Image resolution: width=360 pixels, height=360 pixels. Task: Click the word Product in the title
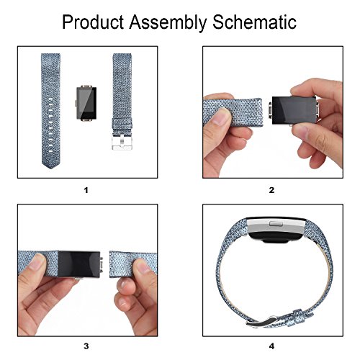pos(93,22)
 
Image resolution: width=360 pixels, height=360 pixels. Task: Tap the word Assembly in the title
pos(168,22)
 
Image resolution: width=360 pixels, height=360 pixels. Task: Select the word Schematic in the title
pos(254,22)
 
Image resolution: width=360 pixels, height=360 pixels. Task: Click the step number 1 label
pos(86,190)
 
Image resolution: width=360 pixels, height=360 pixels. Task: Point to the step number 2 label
pos(271,190)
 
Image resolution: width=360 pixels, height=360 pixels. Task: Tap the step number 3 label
pos(86,346)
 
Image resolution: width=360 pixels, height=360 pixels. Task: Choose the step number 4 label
pos(271,346)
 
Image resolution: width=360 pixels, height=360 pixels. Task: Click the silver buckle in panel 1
pos(122,142)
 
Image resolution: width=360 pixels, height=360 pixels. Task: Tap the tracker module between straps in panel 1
pos(86,103)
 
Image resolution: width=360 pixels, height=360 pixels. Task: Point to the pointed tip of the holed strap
pos(50,168)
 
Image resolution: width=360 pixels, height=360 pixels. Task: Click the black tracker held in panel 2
pos(294,111)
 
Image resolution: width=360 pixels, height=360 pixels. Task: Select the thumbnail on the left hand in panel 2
pos(221,117)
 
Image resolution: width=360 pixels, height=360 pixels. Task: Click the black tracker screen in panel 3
pos(79,264)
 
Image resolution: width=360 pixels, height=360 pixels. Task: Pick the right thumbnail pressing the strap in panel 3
pos(143,266)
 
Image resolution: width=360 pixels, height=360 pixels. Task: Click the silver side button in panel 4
pos(276,224)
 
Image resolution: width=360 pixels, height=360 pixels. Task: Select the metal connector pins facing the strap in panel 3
pos(102,265)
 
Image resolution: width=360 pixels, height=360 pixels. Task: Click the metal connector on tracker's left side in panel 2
pos(270,110)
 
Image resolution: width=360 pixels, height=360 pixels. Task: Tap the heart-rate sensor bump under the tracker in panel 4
pos(275,240)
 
